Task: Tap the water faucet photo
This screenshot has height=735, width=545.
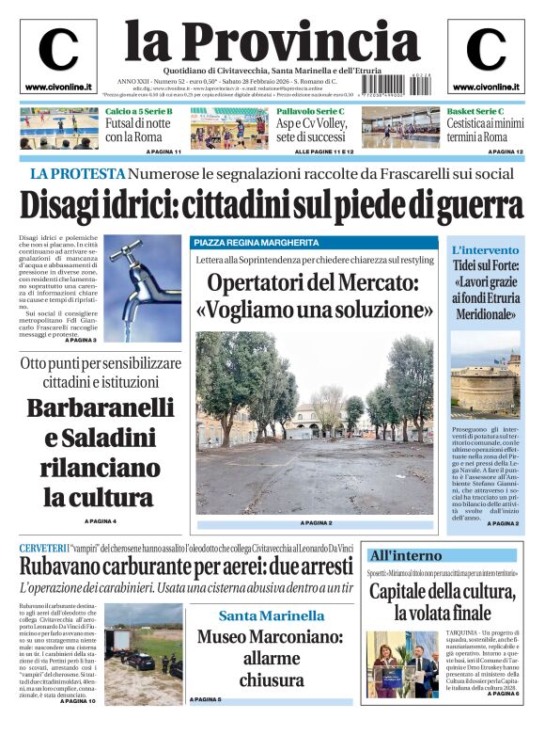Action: point(144,288)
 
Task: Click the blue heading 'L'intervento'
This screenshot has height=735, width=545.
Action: point(484,249)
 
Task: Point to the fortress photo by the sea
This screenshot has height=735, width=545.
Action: point(484,386)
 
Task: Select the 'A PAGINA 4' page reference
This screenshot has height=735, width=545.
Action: point(101,520)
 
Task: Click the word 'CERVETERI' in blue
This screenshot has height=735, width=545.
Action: point(43,548)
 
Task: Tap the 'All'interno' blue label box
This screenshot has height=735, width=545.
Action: point(405,555)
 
